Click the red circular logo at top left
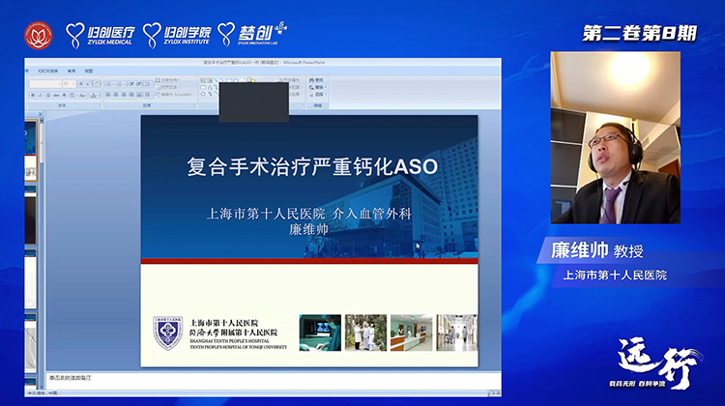pos(38,36)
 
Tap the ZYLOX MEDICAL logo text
pos(100,36)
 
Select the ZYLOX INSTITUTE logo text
pos(178,36)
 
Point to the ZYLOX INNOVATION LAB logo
pos(254,35)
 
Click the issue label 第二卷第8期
pos(639,33)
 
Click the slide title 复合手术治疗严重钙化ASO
pos(311,166)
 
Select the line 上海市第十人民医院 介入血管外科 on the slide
pos(309,214)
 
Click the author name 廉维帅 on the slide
pos(309,230)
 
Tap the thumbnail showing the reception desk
pos(411,333)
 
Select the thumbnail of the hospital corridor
pos(456,333)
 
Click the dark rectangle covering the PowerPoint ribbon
pos(253,101)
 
